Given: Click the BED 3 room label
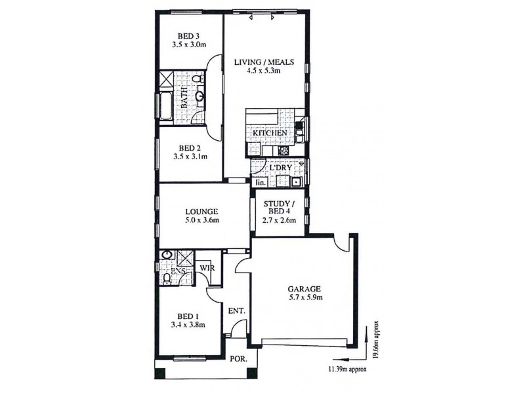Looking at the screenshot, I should pos(189,36).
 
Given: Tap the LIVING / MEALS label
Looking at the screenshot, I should pos(263,63).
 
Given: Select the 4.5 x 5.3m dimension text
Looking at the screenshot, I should pos(263,73).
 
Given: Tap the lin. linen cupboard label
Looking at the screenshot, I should pos(260,182).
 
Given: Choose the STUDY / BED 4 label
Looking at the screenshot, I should pos(280,208).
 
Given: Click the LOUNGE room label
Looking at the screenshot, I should pos(201,212).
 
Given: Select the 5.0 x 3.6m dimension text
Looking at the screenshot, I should pos(201,221).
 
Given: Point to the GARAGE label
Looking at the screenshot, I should pos(303,288).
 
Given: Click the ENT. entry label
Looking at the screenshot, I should pos(236,310).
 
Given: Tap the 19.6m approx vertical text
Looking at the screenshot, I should pos(377,340).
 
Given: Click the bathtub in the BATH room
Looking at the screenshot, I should pos(165,106).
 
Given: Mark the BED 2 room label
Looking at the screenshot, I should pos(189,147).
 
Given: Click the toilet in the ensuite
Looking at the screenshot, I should pos(167,280).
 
